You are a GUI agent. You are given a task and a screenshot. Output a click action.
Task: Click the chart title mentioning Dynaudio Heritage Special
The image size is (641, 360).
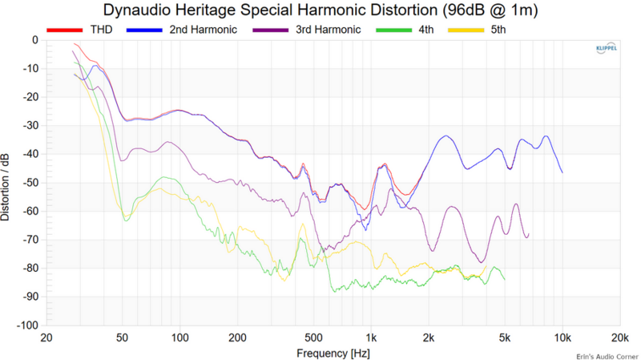320,10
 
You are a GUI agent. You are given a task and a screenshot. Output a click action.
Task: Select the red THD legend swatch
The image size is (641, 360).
61,30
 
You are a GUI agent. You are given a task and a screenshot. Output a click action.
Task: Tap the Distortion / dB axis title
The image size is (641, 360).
7,183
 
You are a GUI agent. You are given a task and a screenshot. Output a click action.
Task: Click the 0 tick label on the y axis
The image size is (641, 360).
34,40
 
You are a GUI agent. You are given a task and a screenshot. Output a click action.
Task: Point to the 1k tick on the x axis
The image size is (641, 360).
370,337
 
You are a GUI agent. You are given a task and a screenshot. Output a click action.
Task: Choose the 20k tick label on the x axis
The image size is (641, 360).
619,337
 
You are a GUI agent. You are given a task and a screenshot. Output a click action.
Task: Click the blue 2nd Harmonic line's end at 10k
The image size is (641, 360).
562,172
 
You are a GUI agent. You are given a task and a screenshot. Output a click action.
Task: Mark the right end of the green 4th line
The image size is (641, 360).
504,279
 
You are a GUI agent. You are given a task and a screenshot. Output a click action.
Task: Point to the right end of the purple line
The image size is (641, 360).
529,234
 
